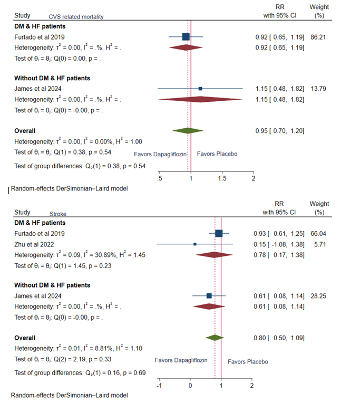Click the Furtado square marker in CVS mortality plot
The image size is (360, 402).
[x=186, y=36]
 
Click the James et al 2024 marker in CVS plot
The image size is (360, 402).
[x=200, y=89]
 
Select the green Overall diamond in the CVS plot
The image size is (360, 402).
[x=188, y=130]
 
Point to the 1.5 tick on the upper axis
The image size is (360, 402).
[x=221, y=178]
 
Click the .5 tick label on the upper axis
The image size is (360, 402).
[x=160, y=178]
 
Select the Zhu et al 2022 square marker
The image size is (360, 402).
[x=195, y=244]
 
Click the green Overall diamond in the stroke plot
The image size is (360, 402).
[x=215, y=338]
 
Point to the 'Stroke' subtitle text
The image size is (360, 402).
[x=58, y=215]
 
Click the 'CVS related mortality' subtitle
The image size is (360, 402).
[x=76, y=17]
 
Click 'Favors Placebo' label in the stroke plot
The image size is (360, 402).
[x=248, y=361]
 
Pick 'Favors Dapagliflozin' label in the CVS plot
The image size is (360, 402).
[x=160, y=154]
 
